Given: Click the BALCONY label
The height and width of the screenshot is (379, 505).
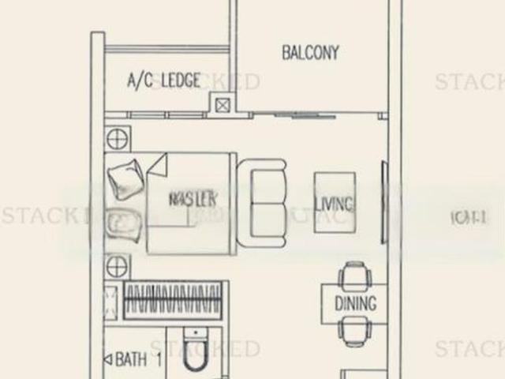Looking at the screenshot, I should pos(310,53).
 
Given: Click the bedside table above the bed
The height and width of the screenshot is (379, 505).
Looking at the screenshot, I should pos(116,138).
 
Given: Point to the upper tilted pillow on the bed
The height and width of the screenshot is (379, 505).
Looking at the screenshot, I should pos(125,180).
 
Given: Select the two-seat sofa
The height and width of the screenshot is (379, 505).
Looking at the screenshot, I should pos(262,201).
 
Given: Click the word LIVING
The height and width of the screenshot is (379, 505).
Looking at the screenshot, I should pos(334,205).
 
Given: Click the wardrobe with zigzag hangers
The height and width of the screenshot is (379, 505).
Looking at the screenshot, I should pos(172,300).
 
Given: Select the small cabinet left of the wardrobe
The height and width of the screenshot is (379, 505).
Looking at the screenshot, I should pos(110,300).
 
